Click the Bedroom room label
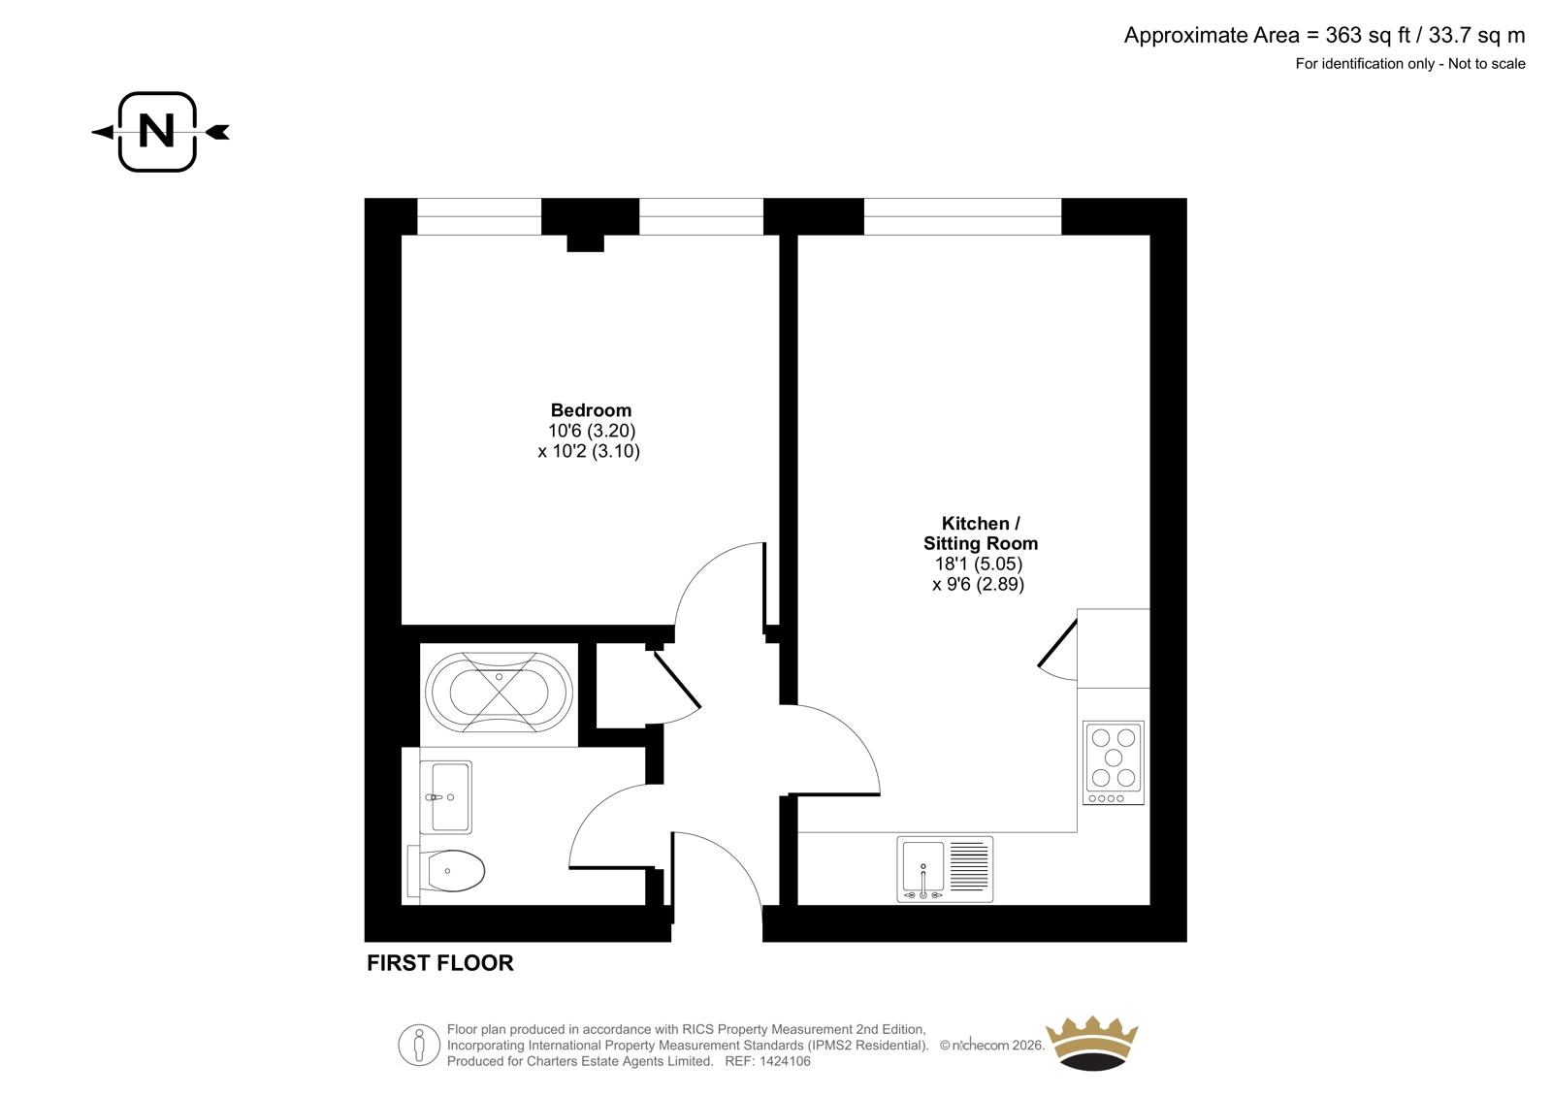(x=591, y=410)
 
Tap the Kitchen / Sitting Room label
(x=981, y=532)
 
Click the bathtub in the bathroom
(x=499, y=692)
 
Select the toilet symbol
(x=446, y=870)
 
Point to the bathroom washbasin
(x=445, y=797)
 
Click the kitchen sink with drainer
(x=945, y=869)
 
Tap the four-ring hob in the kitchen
(x=1114, y=763)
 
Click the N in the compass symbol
(x=157, y=130)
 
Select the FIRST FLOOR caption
(x=440, y=963)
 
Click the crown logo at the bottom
(x=1092, y=1043)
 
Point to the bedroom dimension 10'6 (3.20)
(x=592, y=431)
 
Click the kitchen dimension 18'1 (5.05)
(x=978, y=564)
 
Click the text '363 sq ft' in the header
(x=1369, y=35)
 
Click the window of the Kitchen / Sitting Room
(x=962, y=216)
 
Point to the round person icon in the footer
(x=419, y=1045)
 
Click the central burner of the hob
(x=1114, y=757)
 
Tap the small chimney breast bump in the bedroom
(x=586, y=242)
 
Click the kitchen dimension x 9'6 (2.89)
(x=978, y=584)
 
